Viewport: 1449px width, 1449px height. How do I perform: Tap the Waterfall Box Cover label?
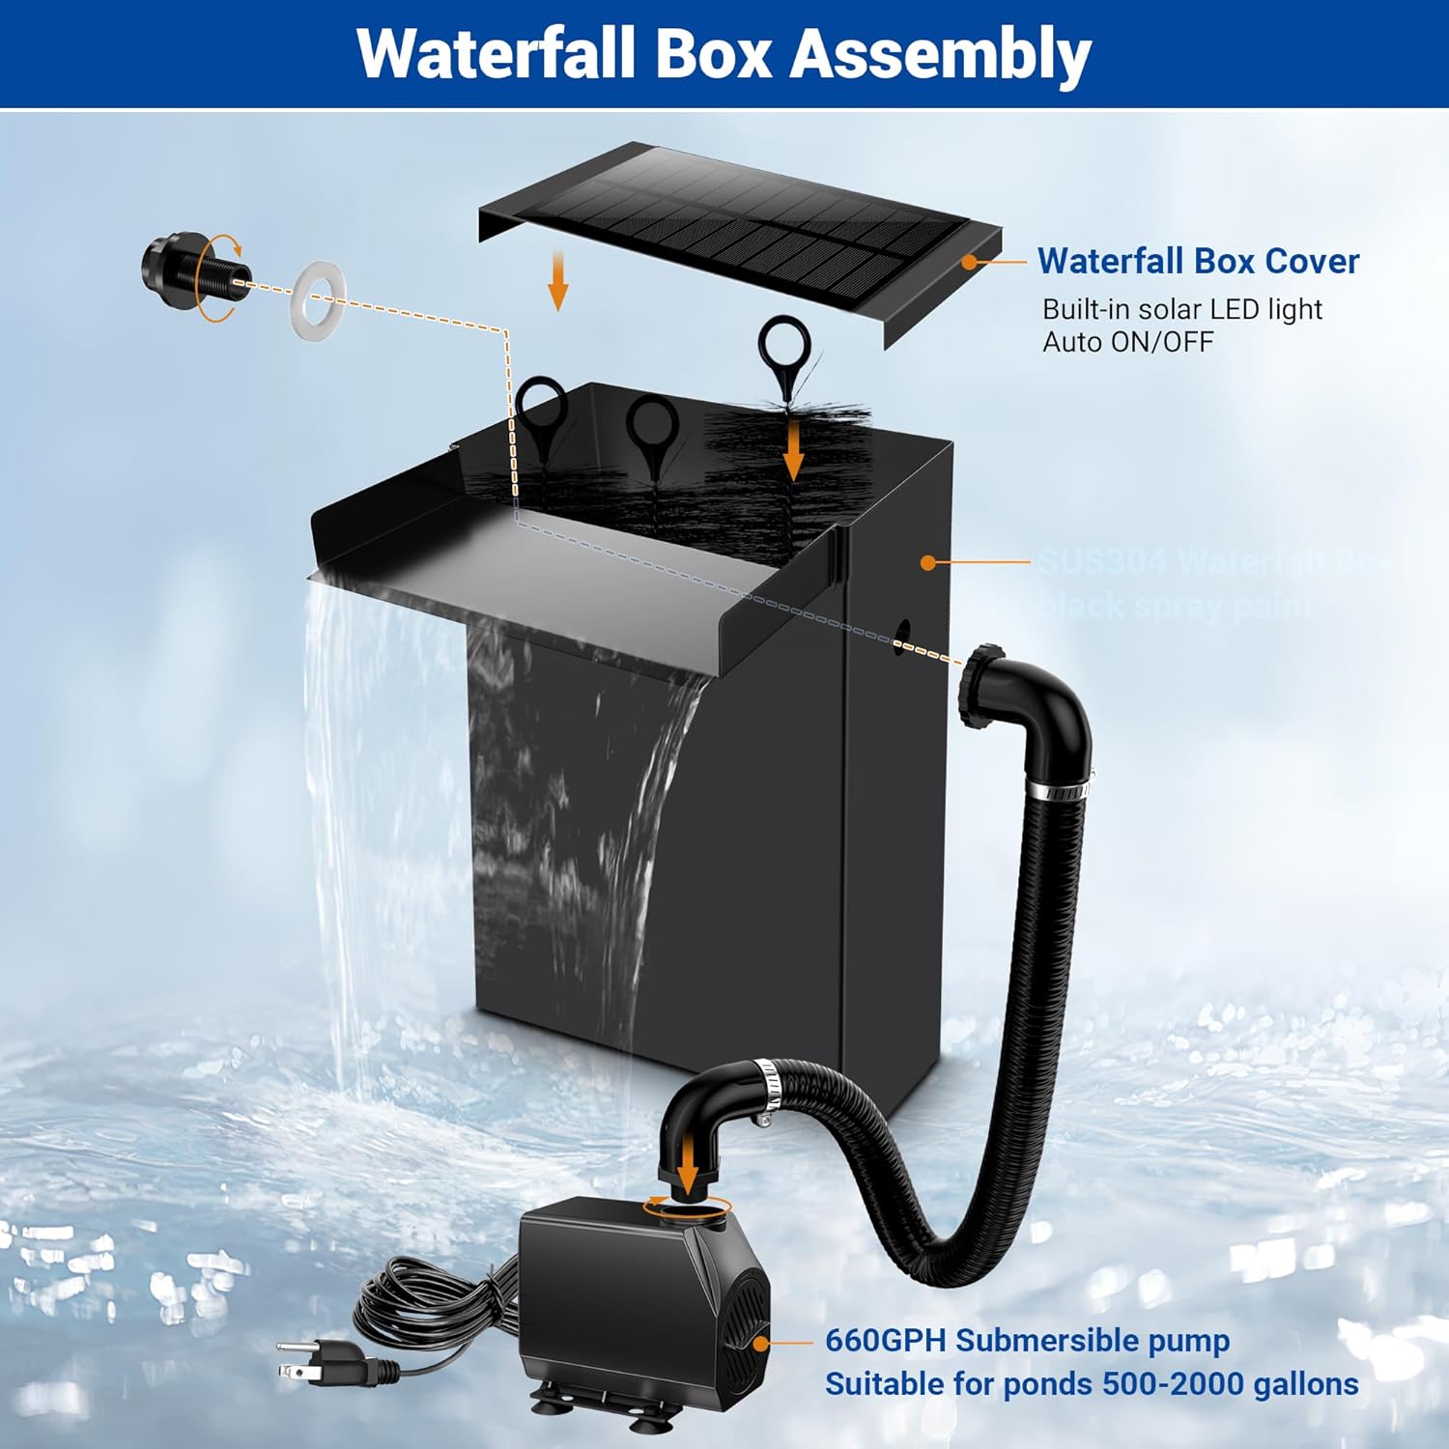[x=1198, y=261]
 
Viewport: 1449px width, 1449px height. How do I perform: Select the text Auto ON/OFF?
[x=1127, y=342]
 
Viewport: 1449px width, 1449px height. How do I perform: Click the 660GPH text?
[x=886, y=1341]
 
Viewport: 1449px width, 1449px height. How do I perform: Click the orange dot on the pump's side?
[x=761, y=1343]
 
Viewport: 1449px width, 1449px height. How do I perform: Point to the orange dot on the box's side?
[x=928, y=562]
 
